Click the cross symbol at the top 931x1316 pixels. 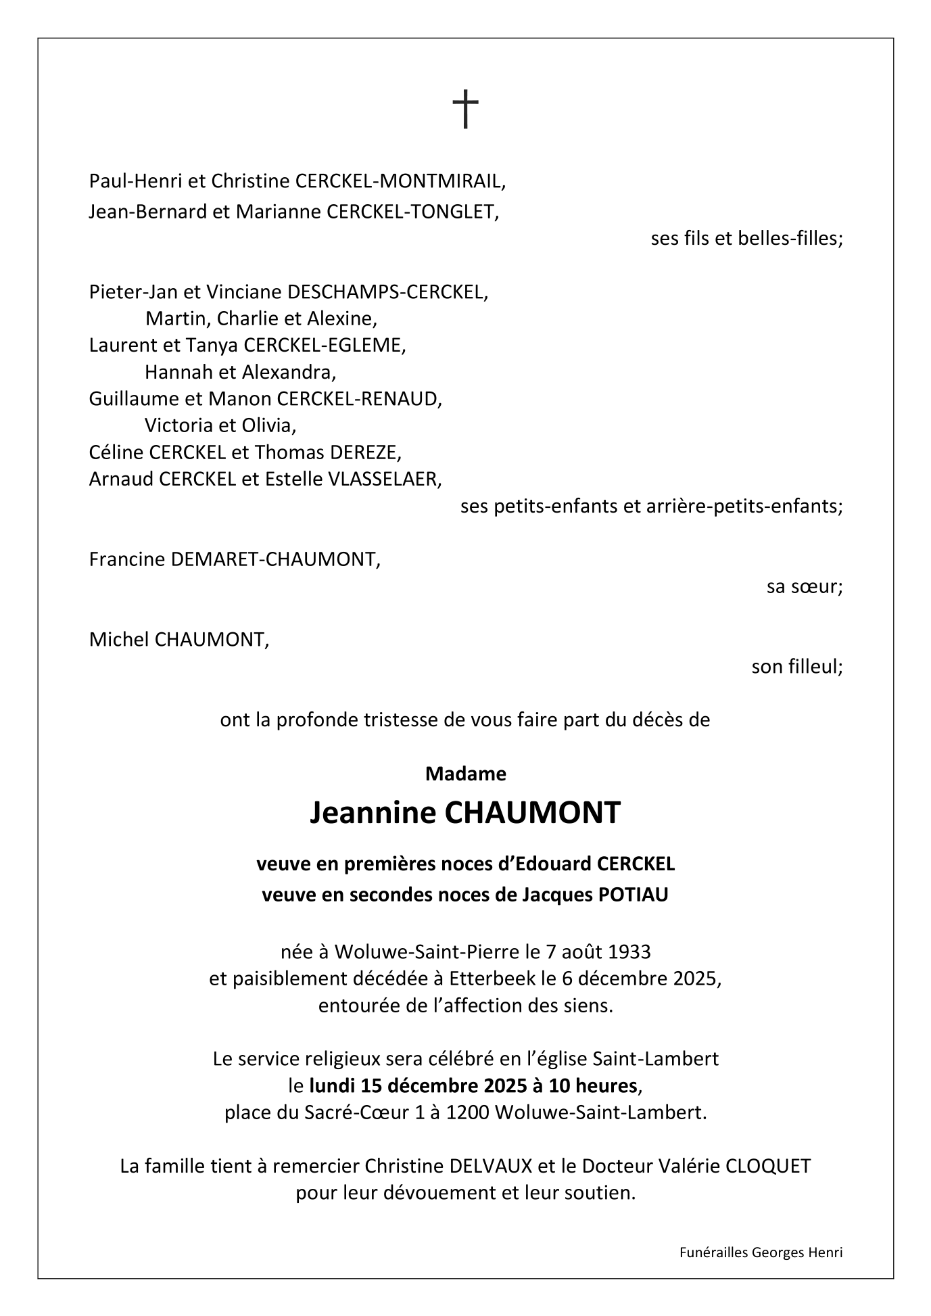pyautogui.click(x=465, y=110)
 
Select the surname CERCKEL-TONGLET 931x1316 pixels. pyautogui.click(x=412, y=212)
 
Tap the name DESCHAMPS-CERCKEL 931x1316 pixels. pyautogui.click(x=387, y=292)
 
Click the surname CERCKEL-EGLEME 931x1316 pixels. pyautogui.click(x=325, y=346)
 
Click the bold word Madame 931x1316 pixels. pyautogui.click(x=465, y=774)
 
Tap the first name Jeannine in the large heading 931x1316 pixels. pyautogui.click(x=373, y=813)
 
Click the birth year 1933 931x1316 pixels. pyautogui.click(x=629, y=951)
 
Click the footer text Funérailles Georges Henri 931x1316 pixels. pyautogui.click(x=761, y=1252)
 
